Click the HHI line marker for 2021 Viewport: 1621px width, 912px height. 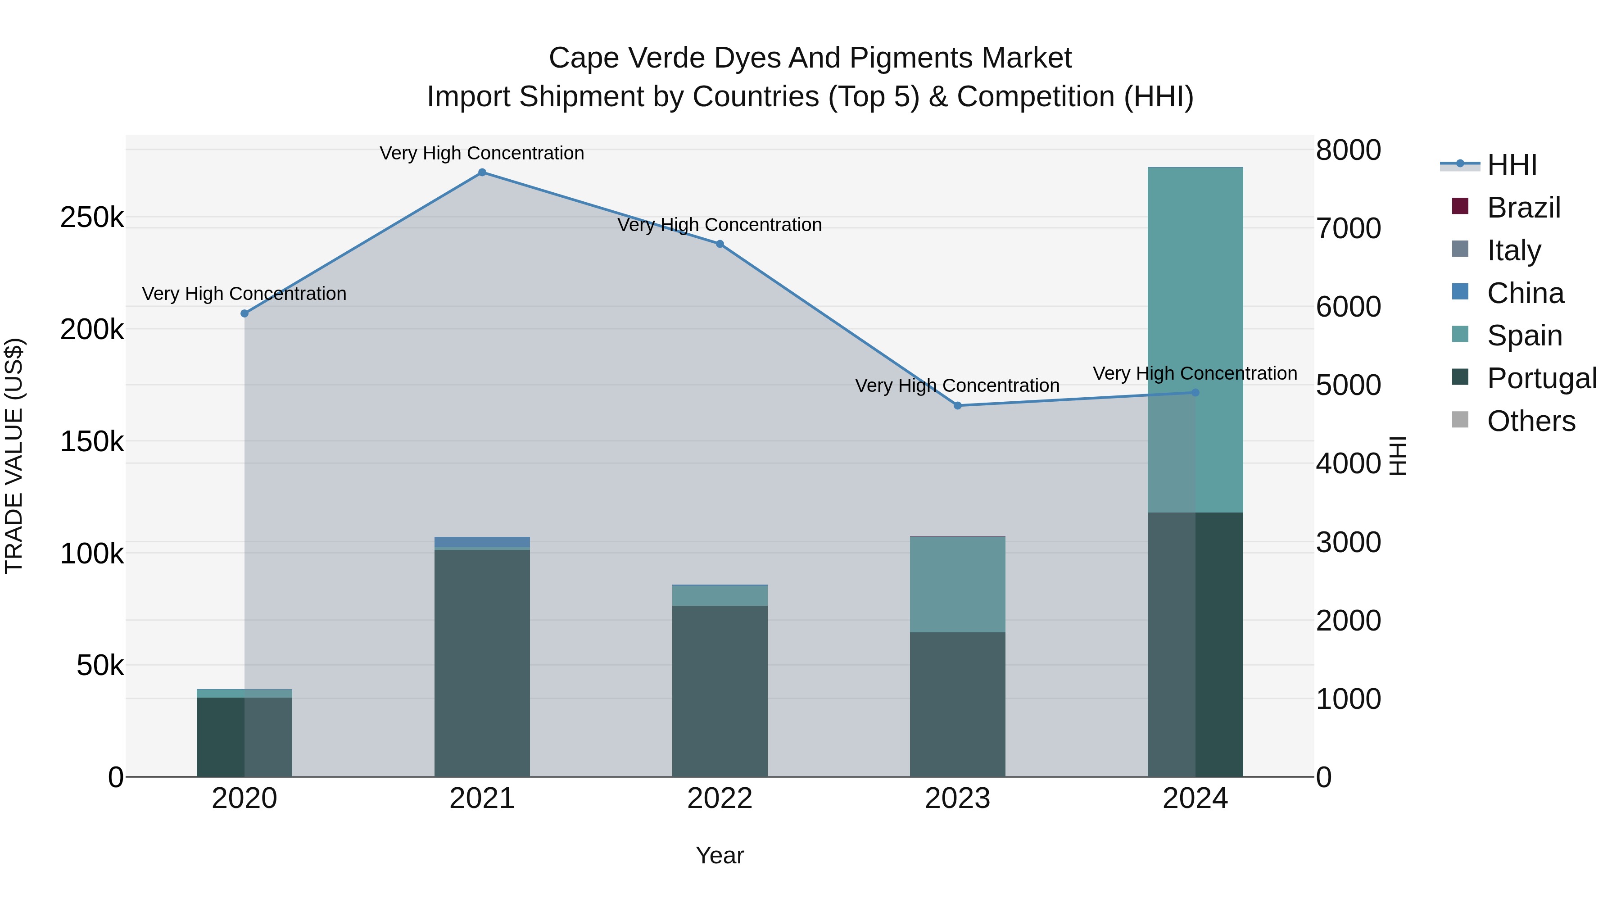482,172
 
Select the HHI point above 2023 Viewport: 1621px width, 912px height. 958,406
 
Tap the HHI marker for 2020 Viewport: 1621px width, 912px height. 245,313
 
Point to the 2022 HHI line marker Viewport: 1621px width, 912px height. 720,244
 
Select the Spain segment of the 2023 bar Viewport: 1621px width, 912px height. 957,584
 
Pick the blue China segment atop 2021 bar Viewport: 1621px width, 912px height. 482,542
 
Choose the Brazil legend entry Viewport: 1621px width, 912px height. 1523,208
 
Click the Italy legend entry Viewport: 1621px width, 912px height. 1514,250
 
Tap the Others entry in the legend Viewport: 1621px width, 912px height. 1531,421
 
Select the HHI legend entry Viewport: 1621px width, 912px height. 1512,165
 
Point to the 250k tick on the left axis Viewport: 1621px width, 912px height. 92,218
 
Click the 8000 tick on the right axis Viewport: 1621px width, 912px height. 1348,150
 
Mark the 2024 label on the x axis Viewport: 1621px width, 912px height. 1195,799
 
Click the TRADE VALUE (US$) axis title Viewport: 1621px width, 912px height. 14,456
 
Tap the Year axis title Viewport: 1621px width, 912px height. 720,855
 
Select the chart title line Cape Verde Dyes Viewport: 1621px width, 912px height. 810,58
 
